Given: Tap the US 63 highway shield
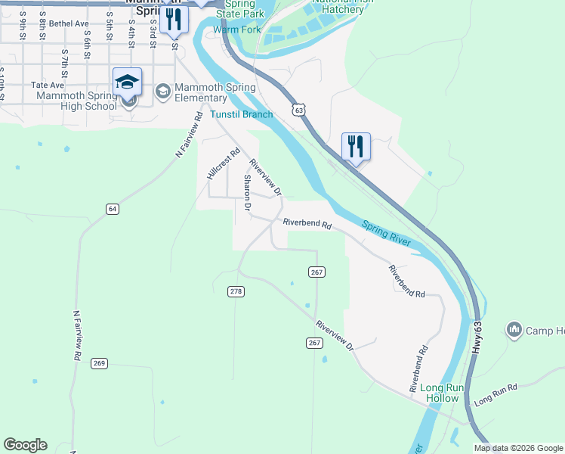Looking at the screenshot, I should click(x=300, y=111).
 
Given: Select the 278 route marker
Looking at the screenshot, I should click(x=236, y=291).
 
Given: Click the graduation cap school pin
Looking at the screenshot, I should click(x=127, y=82).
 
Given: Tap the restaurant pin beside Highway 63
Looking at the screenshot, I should click(x=356, y=145).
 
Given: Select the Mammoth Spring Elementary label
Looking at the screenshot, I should click(x=200, y=92).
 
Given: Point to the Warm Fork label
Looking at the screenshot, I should click(x=236, y=30).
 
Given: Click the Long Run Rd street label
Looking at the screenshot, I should click(x=496, y=393).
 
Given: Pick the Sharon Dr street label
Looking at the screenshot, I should click(x=247, y=193).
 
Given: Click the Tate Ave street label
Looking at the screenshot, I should click(x=47, y=86).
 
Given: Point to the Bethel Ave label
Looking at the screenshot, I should click(x=69, y=23).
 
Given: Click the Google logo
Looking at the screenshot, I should click(x=25, y=445).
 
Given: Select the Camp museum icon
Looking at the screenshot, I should click(x=515, y=329).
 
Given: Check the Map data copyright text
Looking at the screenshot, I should click(x=518, y=448).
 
